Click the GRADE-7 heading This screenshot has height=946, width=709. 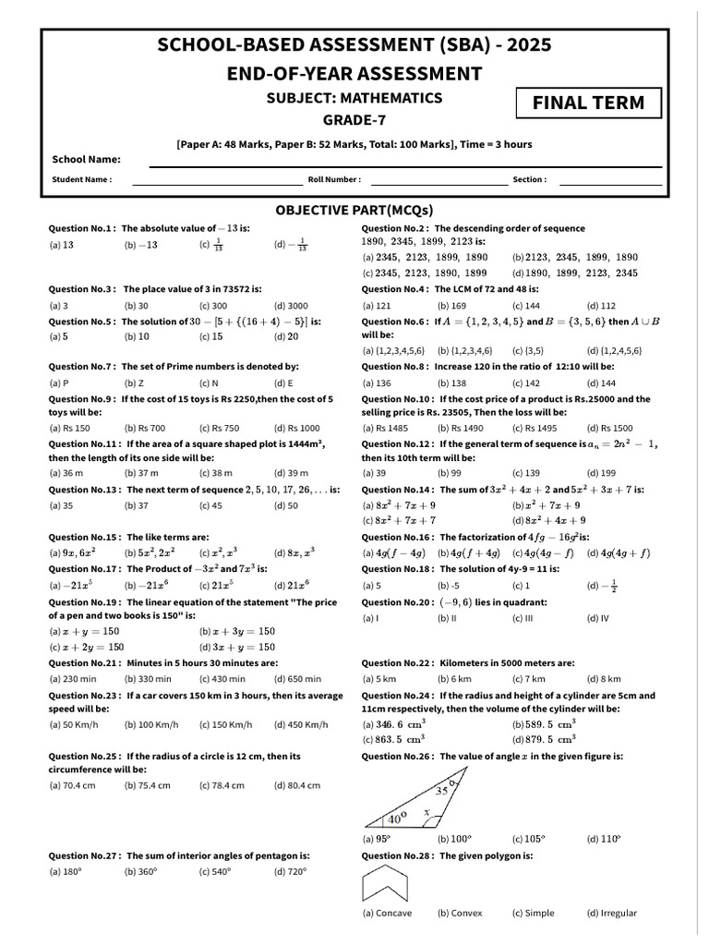(x=354, y=120)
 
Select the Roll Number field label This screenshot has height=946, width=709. (x=334, y=180)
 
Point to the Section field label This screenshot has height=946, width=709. (x=529, y=180)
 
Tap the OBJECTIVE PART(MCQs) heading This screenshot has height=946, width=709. (x=354, y=210)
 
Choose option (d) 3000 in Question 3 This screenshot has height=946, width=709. (x=291, y=305)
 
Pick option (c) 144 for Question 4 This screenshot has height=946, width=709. (x=526, y=305)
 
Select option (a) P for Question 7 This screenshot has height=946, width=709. (x=58, y=382)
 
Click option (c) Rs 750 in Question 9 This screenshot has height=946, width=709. (x=219, y=429)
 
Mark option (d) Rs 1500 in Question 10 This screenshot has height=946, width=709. (x=609, y=429)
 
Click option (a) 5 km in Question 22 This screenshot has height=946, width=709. (x=379, y=679)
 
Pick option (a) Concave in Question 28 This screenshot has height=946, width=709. (x=387, y=913)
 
